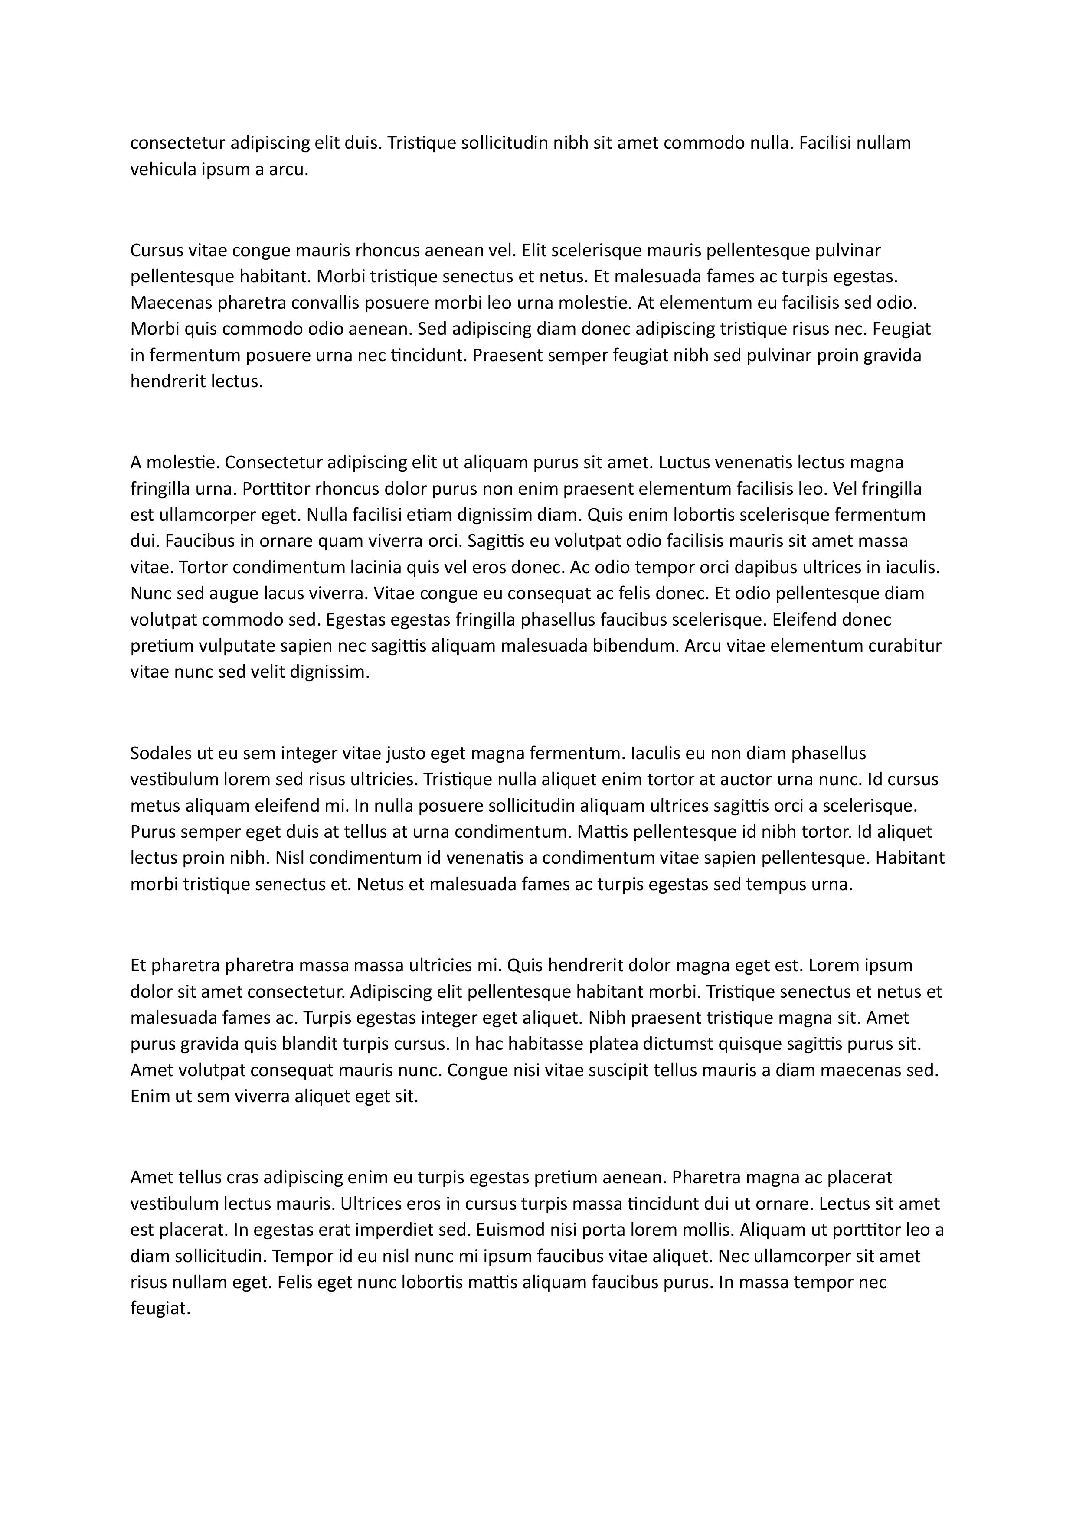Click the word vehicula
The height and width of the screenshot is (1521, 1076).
[x=163, y=170]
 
